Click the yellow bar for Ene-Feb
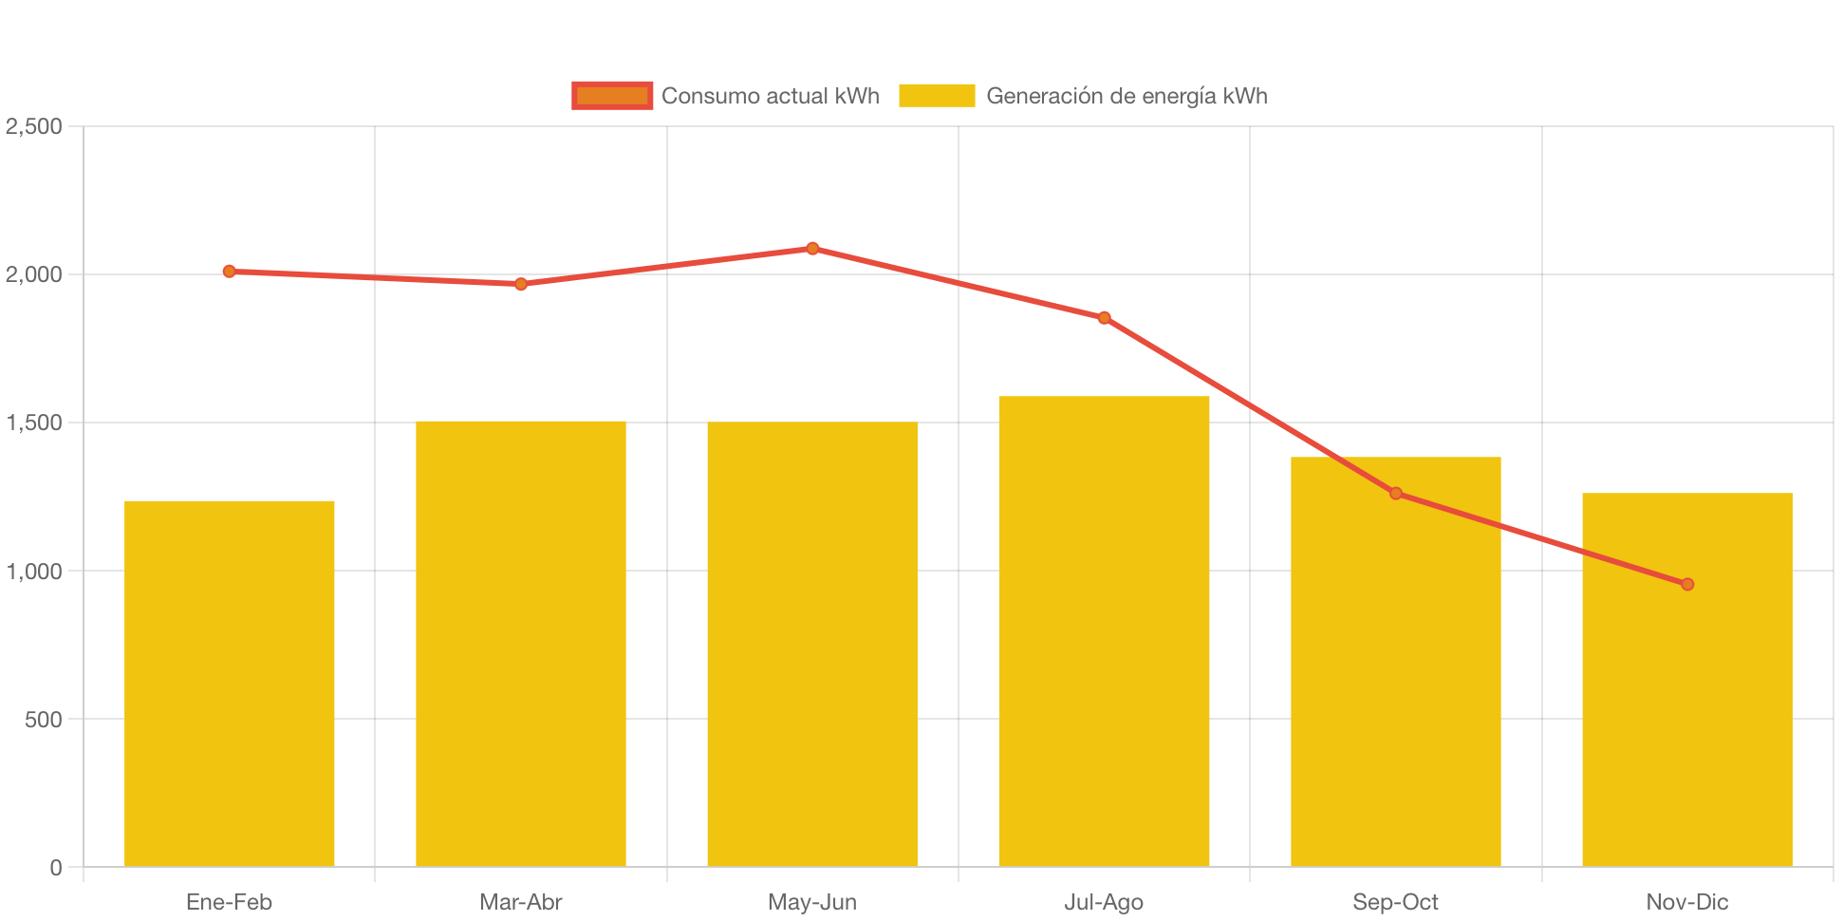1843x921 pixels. coord(230,683)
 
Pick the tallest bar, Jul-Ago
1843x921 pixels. coord(1104,630)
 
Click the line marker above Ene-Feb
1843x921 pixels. coord(230,272)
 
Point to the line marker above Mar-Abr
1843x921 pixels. coord(521,284)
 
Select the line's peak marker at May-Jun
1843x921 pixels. coord(812,249)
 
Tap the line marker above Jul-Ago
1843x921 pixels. coord(1104,318)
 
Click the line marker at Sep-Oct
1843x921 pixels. coord(1395,493)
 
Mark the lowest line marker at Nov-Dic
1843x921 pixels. coord(1687,584)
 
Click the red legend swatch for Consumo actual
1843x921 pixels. coord(612,96)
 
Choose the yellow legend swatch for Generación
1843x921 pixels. coord(937,96)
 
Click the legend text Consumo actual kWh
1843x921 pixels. coord(770,96)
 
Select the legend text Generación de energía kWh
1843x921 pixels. coord(1126,96)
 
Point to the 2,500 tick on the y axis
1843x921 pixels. coord(34,126)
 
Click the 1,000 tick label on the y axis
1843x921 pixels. coord(34,572)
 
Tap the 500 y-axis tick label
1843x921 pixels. coord(44,720)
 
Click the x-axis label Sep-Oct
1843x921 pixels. coord(1395,902)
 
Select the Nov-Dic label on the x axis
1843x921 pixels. coord(1687,902)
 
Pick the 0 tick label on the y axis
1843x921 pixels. coord(56,868)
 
